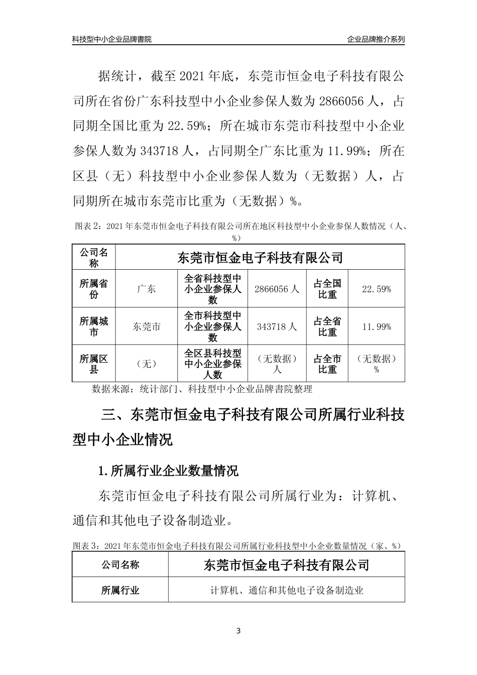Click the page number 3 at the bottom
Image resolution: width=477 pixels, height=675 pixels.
238,631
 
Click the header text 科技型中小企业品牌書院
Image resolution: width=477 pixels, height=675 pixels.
112,39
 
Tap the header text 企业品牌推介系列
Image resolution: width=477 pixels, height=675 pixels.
376,39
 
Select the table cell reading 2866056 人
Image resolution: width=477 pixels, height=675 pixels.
277,289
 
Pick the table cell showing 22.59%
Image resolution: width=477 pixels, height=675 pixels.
377,289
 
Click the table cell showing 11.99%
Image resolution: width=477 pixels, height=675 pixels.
377,326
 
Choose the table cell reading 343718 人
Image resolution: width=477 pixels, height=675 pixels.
277,326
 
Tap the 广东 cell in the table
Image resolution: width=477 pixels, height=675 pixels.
146,289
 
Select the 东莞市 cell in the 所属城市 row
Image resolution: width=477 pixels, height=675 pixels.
146,326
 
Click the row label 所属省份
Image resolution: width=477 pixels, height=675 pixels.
94,289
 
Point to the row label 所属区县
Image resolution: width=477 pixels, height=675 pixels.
94,364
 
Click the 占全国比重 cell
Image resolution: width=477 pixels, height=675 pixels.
327,289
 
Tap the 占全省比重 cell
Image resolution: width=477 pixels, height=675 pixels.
327,326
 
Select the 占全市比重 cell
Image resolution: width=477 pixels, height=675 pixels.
327,364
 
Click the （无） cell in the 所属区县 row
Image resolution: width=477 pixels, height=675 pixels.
146,364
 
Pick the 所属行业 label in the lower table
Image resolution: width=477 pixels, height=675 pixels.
121,590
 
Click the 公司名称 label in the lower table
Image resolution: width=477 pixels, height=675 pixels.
121,565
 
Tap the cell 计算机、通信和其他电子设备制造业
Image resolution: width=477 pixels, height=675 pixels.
287,590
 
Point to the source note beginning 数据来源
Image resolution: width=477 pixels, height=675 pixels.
202,389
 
